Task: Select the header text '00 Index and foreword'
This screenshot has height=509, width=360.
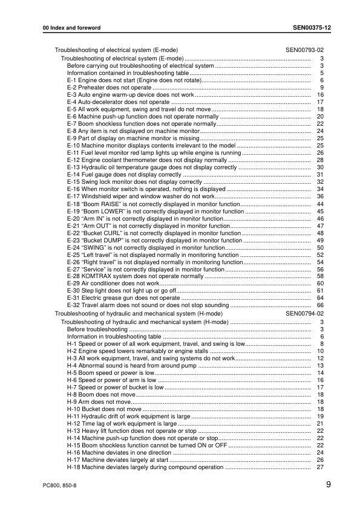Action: click(67, 28)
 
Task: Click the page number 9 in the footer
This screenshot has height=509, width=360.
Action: click(327, 485)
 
